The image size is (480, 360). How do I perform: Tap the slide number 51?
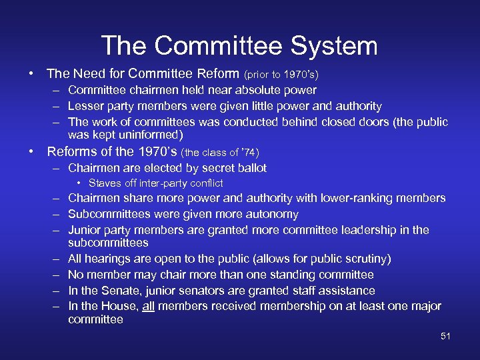click(445, 336)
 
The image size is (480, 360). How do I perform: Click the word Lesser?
click(85, 106)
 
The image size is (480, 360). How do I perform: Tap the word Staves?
click(105, 183)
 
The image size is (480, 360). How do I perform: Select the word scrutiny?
click(365, 259)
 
